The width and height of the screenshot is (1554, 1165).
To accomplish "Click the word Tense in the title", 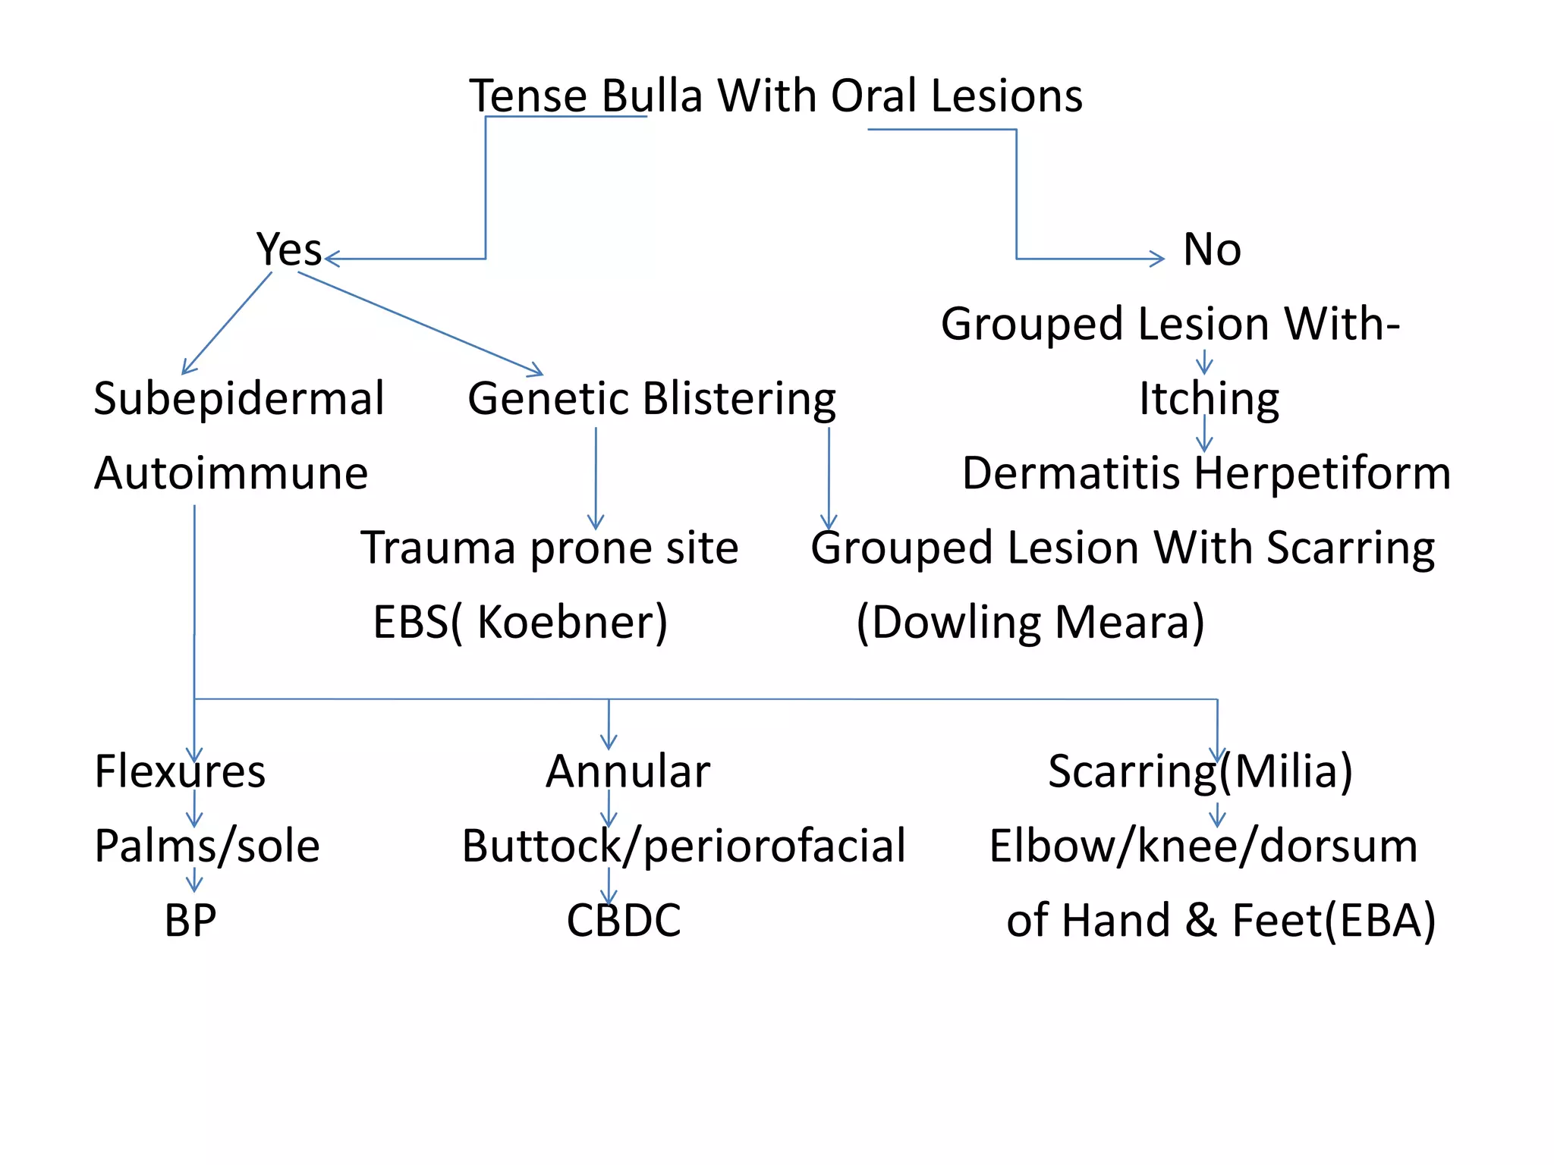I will coord(528,96).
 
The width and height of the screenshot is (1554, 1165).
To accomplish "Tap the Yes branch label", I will coord(288,250).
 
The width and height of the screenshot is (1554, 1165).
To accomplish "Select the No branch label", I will coord(1212,250).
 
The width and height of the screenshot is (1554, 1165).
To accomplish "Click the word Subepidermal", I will coord(238,399).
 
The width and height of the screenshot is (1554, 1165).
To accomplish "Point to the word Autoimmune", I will coord(231,473).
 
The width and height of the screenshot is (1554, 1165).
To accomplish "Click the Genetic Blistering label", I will coord(651,399).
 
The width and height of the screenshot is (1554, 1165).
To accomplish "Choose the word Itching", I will coord(1208,399).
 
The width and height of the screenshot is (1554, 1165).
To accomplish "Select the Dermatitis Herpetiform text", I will coord(1206,473).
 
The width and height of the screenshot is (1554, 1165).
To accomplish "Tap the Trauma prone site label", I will coord(549,548).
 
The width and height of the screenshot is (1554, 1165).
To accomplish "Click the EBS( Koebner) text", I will coord(520,622).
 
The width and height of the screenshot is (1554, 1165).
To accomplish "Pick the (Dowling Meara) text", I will coord(1030,622).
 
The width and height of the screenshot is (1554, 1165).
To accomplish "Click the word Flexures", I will coord(180,771).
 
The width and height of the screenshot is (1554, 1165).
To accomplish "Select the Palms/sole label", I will coord(206,846).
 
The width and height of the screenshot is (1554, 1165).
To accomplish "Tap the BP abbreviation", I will coord(190,920).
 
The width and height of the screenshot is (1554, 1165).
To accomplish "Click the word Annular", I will coord(628,771).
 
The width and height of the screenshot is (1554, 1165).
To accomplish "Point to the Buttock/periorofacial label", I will coord(683,846).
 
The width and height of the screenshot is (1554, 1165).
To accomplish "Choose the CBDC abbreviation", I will coord(623,920).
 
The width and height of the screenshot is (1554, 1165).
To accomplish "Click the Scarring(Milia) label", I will coord(1200,771).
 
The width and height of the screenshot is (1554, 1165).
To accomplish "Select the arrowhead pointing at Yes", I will coord(331,259).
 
